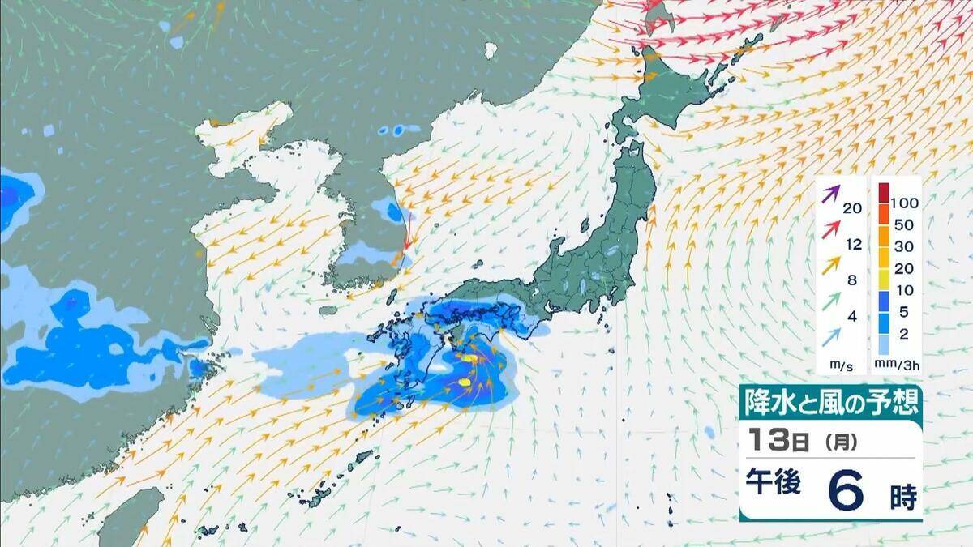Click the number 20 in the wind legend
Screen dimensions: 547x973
tap(852, 208)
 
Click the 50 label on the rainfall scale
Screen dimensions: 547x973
tap(903, 223)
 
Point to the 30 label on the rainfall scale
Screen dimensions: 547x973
tap(903, 246)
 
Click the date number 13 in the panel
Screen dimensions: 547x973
tap(766, 442)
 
